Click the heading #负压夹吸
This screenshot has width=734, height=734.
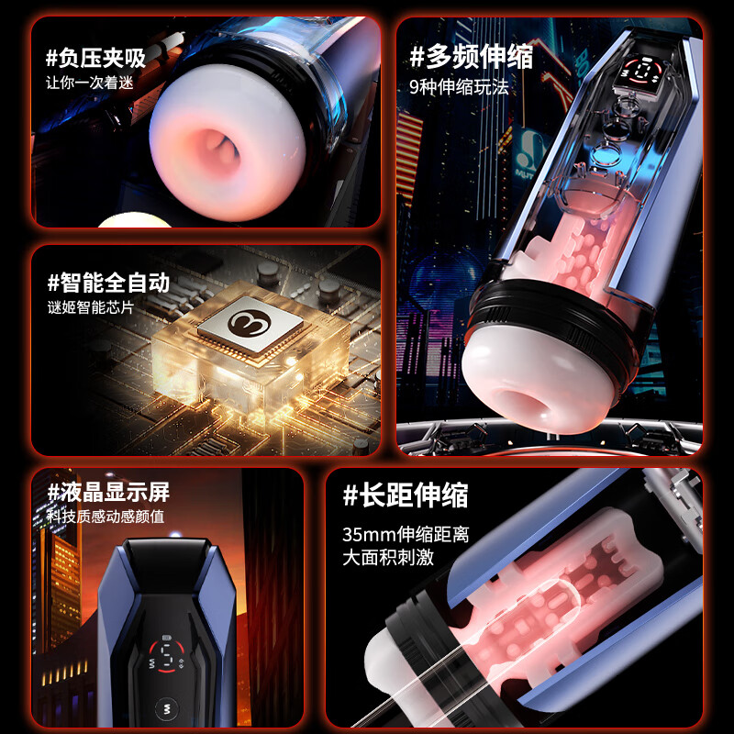[96, 59]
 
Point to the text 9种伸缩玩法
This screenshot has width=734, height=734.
[458, 88]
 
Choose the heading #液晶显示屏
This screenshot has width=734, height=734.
[108, 492]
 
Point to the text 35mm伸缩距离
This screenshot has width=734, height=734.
[406, 534]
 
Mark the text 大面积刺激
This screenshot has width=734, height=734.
[387, 557]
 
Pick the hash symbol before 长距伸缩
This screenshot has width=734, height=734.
[350, 496]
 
